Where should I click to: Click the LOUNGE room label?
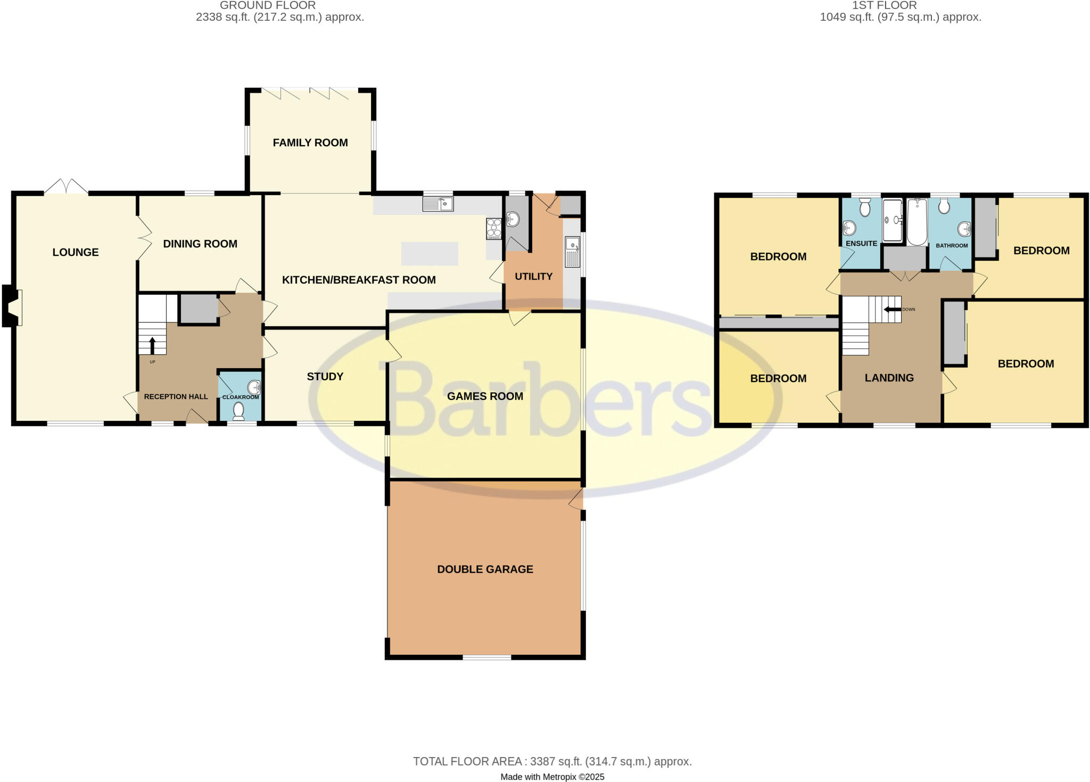click(76, 252)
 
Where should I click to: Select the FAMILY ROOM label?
click(310, 143)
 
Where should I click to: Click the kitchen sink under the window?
click(437, 204)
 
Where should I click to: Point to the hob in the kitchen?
click(493, 228)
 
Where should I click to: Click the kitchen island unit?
click(430, 254)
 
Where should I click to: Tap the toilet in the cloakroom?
click(238, 411)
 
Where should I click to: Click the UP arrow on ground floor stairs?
click(152, 345)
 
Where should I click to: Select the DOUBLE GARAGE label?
click(485, 569)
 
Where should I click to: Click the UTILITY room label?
click(533, 276)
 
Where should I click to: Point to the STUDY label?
click(325, 377)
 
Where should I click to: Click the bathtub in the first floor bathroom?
click(916, 222)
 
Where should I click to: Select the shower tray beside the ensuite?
click(893, 220)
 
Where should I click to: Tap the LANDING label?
click(889, 378)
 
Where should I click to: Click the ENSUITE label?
click(861, 244)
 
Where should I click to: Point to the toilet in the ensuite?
click(865, 207)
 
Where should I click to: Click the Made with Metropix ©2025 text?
click(552, 777)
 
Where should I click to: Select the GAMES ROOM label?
click(485, 396)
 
